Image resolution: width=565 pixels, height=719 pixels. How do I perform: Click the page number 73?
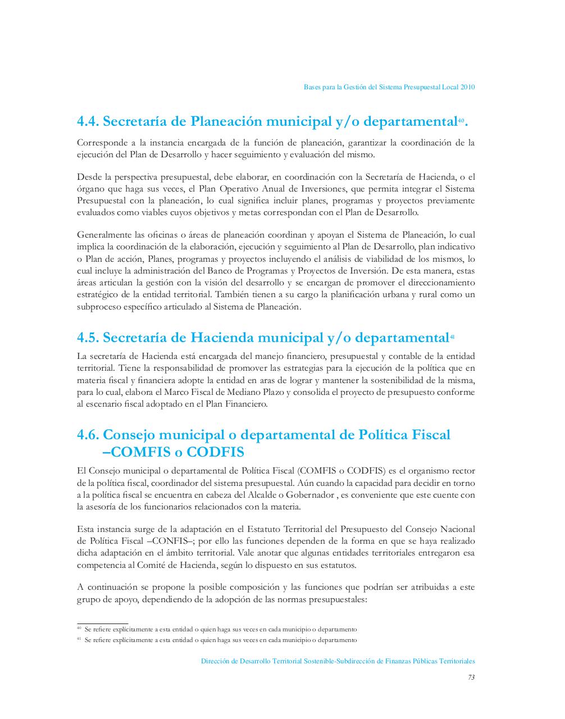[471, 677]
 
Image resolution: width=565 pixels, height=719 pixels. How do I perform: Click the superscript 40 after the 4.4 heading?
[461, 119]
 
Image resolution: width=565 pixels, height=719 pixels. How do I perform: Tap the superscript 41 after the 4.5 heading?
[452, 336]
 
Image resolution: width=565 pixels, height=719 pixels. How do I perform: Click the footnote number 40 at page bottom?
[79, 629]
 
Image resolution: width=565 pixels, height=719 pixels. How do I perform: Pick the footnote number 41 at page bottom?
[79, 640]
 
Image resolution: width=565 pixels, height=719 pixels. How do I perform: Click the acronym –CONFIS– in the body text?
[164, 541]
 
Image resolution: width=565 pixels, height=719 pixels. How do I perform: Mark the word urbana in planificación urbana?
[398, 295]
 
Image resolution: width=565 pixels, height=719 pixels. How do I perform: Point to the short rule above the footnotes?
[102, 623]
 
